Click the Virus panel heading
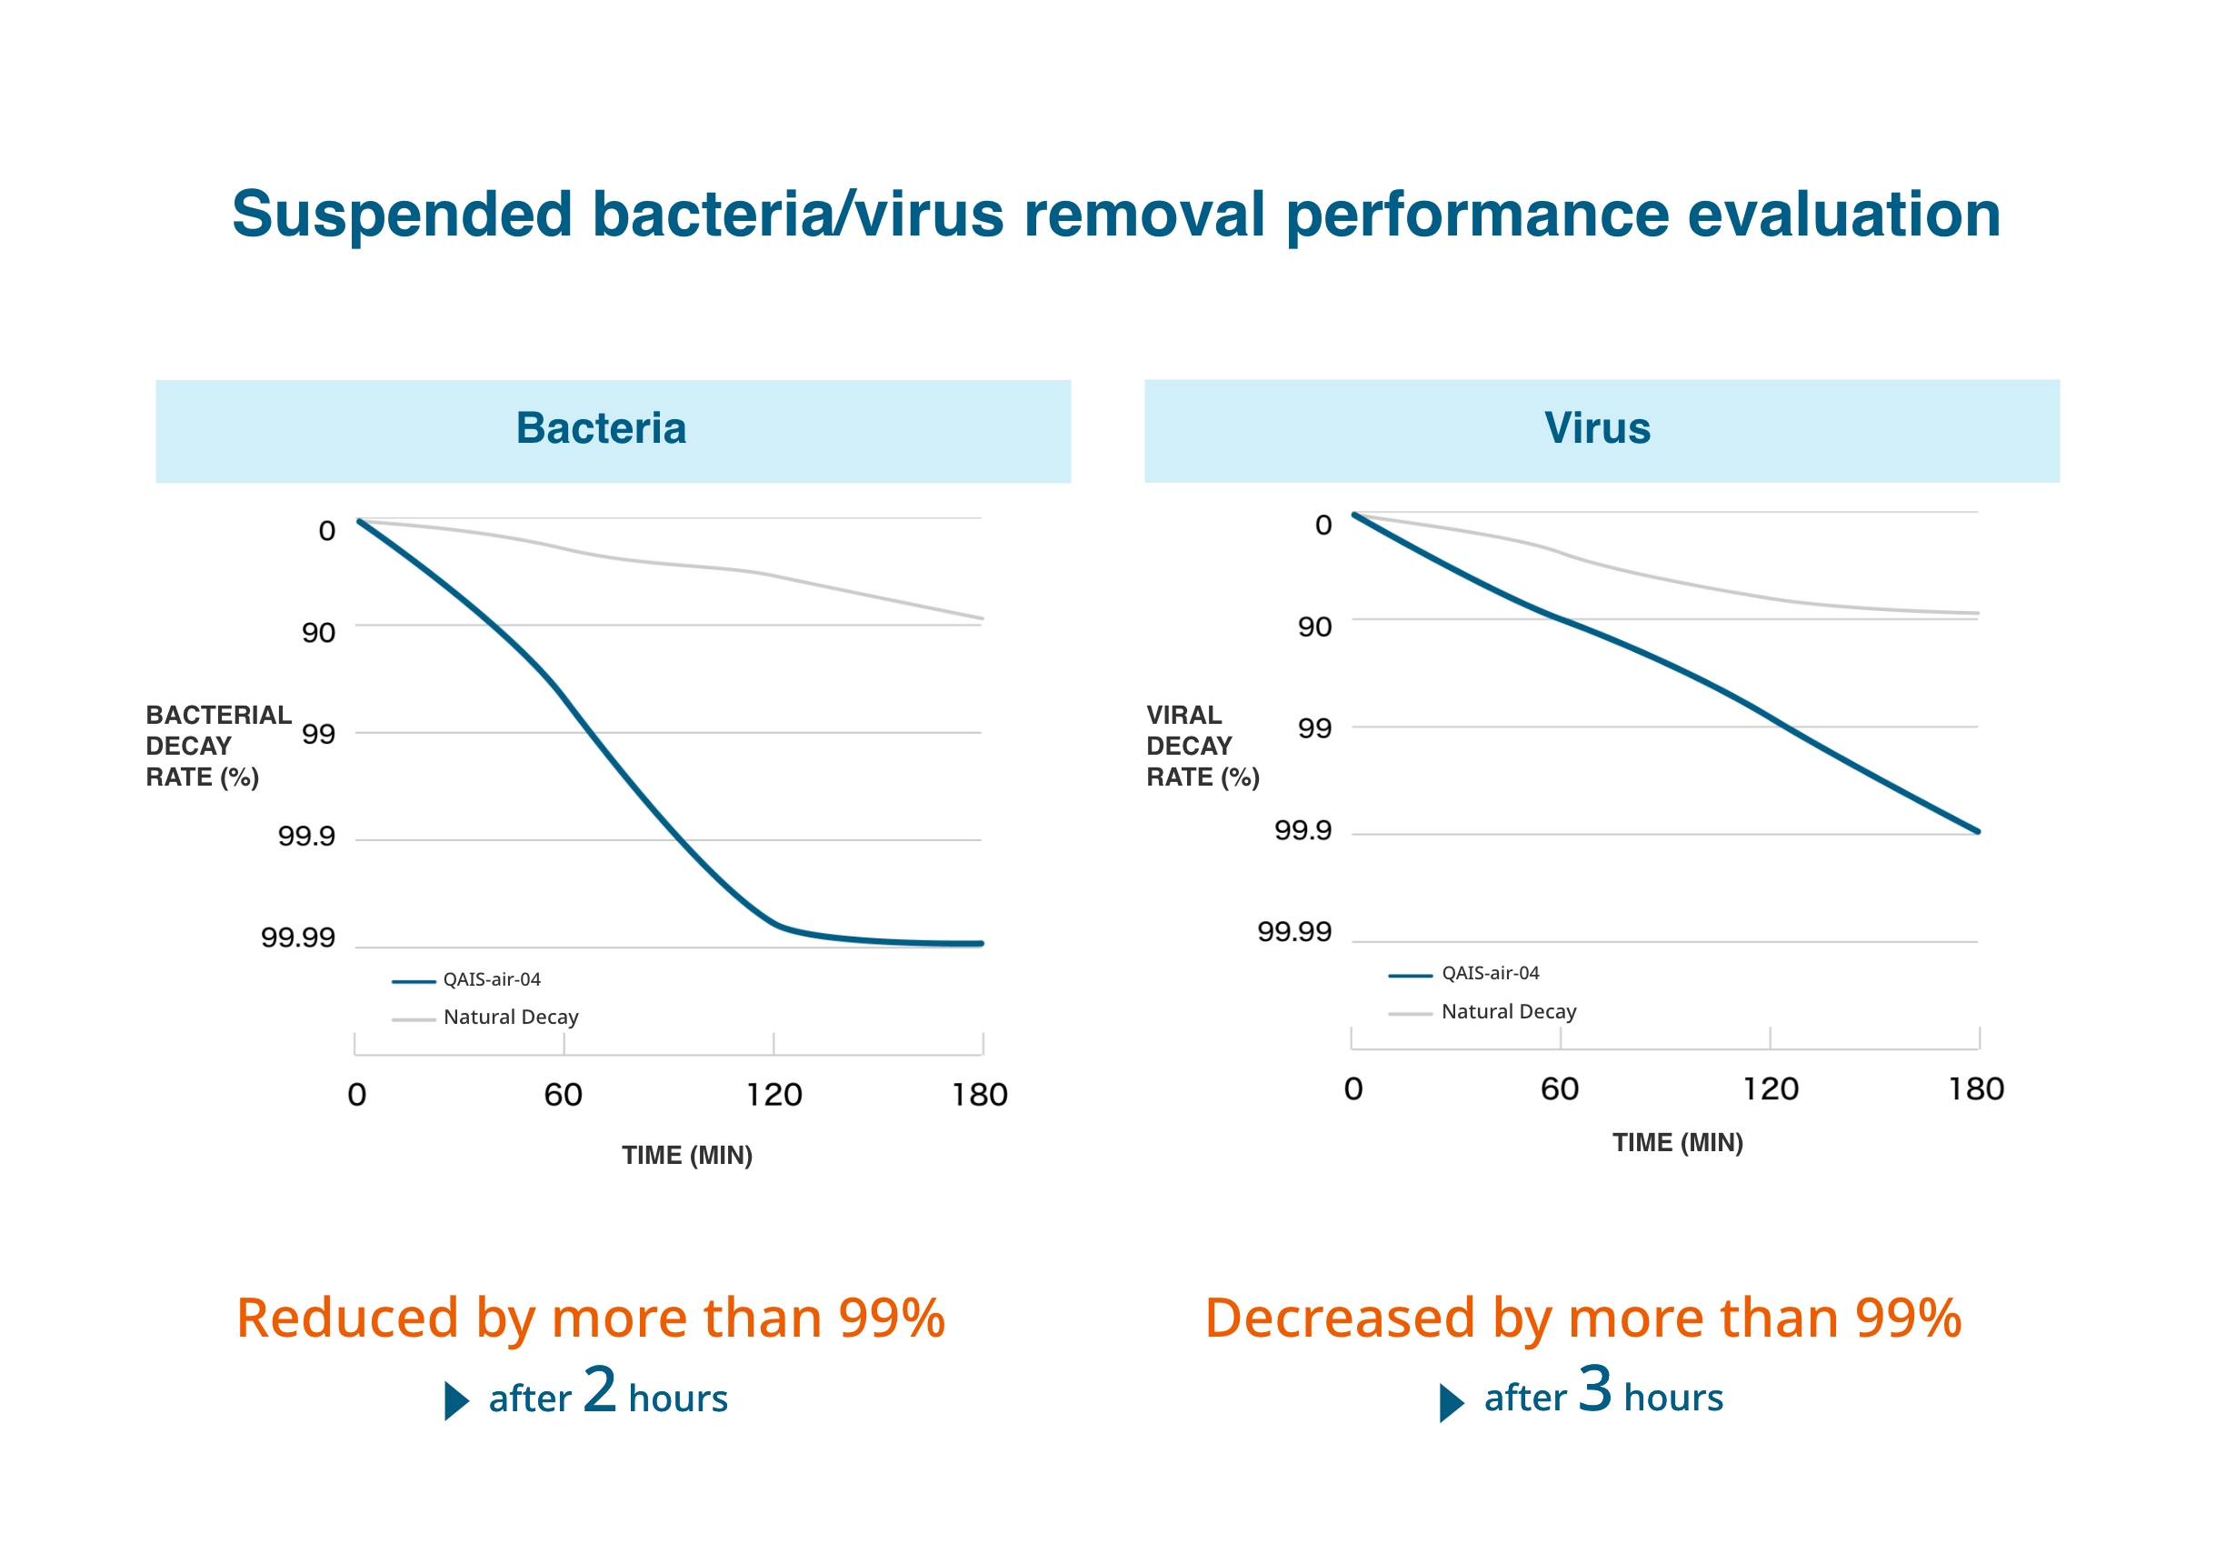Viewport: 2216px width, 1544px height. (x=1596, y=427)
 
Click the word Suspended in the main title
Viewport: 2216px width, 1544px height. (x=402, y=215)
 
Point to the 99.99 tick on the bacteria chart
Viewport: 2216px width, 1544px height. (x=298, y=937)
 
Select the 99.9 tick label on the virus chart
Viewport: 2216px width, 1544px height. (x=1302, y=830)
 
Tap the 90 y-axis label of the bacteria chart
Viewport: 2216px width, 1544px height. (x=318, y=633)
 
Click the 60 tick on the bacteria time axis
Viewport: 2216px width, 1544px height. (x=563, y=1095)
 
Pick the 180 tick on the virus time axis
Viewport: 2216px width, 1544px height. (x=1976, y=1089)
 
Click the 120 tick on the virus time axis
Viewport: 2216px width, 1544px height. (x=1770, y=1089)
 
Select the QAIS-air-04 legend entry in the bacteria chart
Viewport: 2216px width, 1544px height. (x=491, y=980)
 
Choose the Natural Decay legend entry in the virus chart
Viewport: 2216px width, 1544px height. (x=1508, y=1012)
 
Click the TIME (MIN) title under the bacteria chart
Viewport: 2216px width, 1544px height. (x=686, y=1155)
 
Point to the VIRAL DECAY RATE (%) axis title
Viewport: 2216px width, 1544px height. (x=1202, y=746)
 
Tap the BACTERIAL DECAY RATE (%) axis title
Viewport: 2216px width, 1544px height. (x=217, y=746)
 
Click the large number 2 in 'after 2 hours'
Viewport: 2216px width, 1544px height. (x=599, y=1389)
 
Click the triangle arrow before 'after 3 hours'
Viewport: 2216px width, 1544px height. (x=1451, y=1402)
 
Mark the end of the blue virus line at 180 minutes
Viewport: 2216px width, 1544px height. (x=1978, y=830)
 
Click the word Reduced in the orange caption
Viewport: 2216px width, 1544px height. (x=347, y=1318)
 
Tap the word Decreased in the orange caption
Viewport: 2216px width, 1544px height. (x=1340, y=1318)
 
